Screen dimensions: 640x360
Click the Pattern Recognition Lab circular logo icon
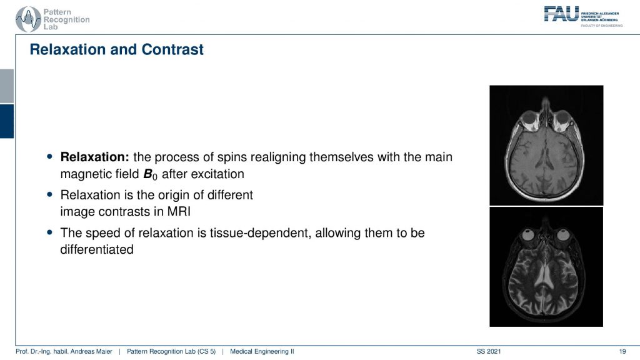click(x=28, y=19)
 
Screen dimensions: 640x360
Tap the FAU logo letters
click(x=561, y=14)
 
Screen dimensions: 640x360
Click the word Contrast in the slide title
click(x=172, y=49)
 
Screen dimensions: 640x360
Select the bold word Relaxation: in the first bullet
click(x=95, y=157)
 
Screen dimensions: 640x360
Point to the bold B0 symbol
click(x=150, y=175)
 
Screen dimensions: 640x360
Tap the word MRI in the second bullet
click(x=179, y=211)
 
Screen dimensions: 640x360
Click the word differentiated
click(x=97, y=249)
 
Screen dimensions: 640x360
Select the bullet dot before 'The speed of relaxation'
click(x=50, y=232)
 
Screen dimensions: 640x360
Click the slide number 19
click(x=622, y=351)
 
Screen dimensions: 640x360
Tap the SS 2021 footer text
click(x=489, y=351)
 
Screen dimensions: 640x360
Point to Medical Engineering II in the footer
click(x=262, y=351)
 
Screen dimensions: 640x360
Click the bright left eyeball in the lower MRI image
click(x=529, y=235)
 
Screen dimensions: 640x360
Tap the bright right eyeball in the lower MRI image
click(x=564, y=235)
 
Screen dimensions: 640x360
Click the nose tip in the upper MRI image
click(x=546, y=99)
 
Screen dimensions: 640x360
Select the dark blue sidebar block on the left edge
click(x=7, y=121)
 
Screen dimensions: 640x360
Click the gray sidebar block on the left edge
click(x=7, y=86)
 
